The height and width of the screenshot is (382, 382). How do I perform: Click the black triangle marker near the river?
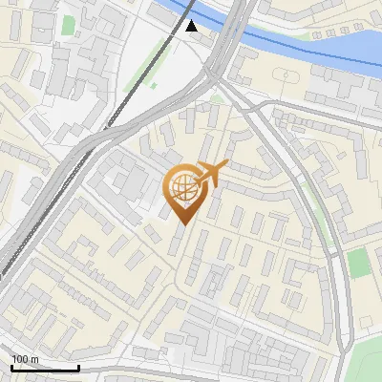192,26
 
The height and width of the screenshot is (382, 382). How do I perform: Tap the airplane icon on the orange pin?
210,174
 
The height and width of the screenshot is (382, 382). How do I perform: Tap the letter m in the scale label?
35,359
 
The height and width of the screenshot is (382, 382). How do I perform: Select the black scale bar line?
44,368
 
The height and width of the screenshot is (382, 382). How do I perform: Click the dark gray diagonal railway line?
57,191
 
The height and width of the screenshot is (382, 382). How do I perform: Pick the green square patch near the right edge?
358,263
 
